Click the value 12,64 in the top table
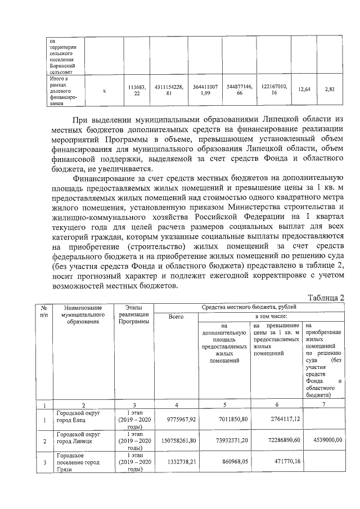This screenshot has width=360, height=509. point(304,89)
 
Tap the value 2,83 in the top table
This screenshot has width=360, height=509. point(330,89)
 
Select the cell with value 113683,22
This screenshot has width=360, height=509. point(137,90)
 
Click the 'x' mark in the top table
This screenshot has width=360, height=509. point(105,90)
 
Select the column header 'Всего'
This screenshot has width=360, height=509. point(176,317)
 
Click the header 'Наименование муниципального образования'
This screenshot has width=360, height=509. point(83,314)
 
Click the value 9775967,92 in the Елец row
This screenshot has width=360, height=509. point(176,419)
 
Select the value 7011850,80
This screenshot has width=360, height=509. point(232,419)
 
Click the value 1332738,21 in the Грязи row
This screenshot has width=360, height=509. point(176,462)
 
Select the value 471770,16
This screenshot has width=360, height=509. point(283,462)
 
